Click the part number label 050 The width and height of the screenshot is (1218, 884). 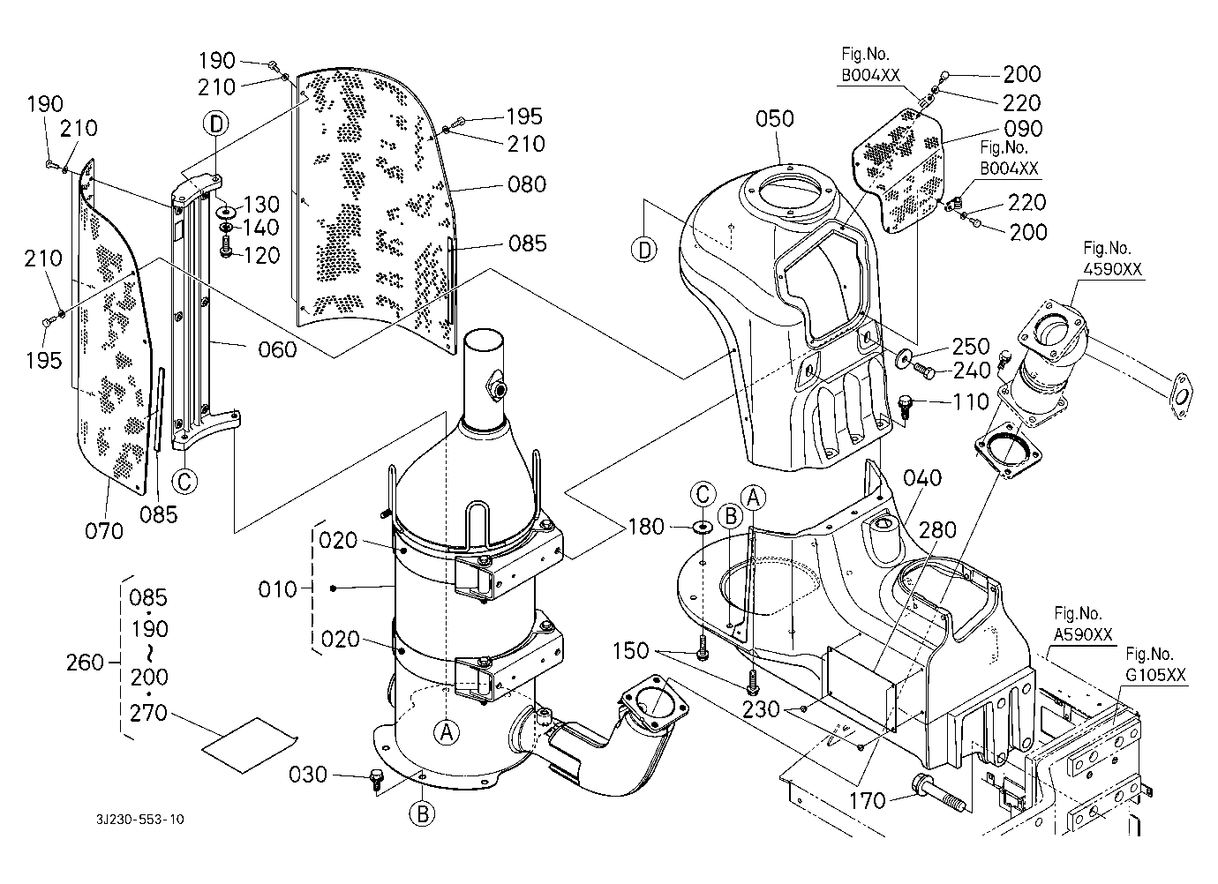[774, 119]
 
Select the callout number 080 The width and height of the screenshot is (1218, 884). [527, 184]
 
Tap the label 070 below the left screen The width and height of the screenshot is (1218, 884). [105, 530]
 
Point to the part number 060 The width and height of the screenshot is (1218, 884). [277, 350]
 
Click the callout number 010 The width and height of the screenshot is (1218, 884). [278, 588]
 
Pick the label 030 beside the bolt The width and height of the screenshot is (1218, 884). [308, 775]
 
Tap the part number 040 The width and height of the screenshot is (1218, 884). [922, 477]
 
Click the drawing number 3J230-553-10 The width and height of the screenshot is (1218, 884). [140, 820]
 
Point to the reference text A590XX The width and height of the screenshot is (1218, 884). [1083, 635]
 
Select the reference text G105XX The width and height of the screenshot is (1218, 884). [1155, 676]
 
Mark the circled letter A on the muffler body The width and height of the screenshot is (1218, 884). [447, 730]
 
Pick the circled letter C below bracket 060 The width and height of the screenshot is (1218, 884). [184, 481]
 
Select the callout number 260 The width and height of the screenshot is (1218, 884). [86, 662]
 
